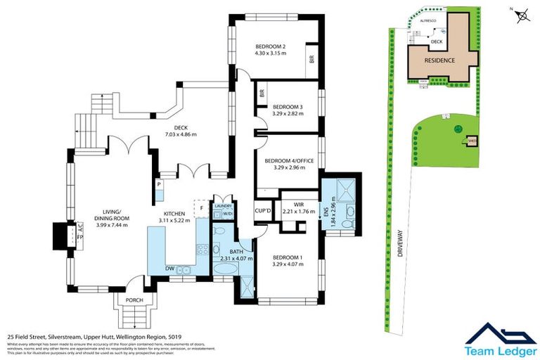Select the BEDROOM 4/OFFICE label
pyautogui.click(x=288, y=160)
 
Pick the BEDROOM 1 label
pyautogui.click(x=288, y=257)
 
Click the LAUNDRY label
pyautogui.click(x=224, y=205)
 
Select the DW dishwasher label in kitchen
pyautogui.click(x=169, y=268)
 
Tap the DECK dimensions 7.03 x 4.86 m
pyautogui.click(x=181, y=134)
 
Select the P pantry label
pyautogui.click(x=160, y=184)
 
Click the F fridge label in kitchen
pyautogui.click(x=201, y=208)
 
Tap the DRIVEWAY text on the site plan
pyautogui.click(x=399, y=246)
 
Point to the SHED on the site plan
pyautogui.click(x=472, y=141)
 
